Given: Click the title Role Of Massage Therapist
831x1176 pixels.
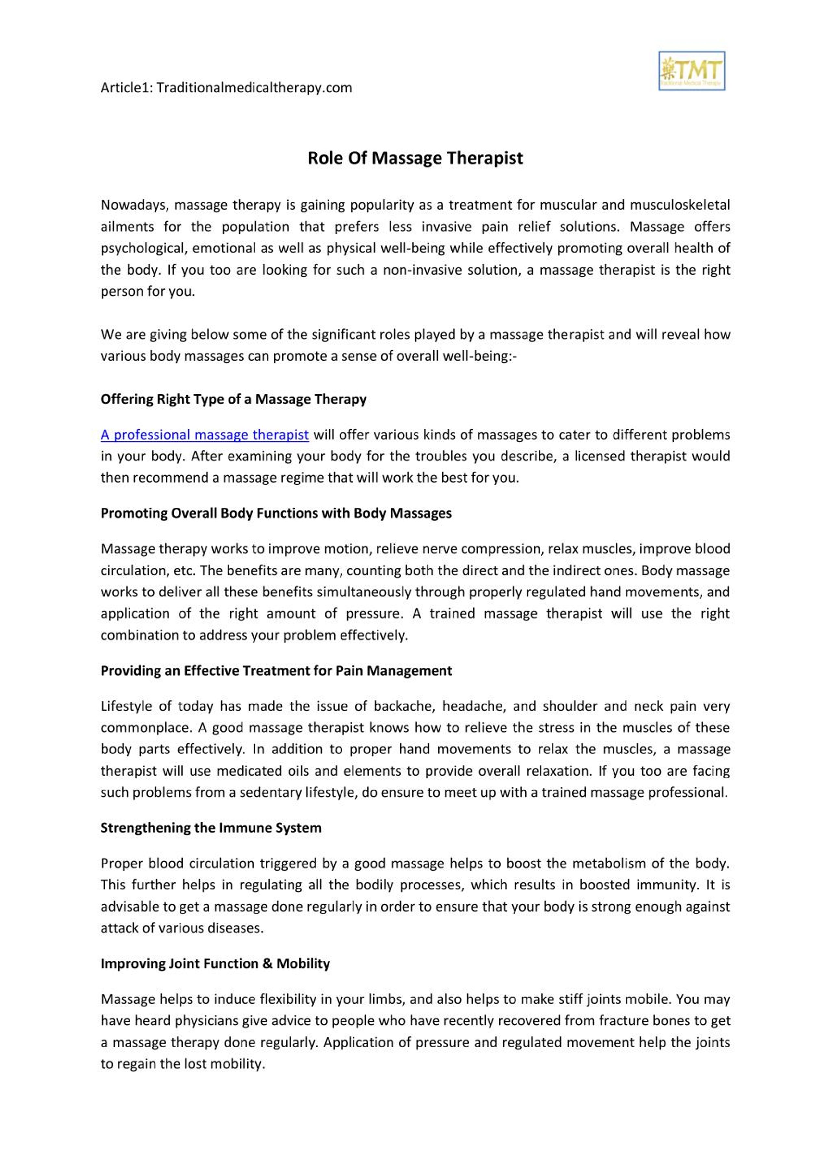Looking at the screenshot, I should (x=415, y=158).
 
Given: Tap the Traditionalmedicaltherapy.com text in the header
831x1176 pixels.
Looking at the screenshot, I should (x=254, y=88).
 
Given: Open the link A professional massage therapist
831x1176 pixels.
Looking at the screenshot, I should (x=205, y=435).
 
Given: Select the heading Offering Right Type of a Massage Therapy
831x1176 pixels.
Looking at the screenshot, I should (x=234, y=399).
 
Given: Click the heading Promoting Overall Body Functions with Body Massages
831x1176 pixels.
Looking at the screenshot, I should (x=276, y=513).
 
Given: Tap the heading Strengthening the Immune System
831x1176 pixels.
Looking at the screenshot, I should (x=211, y=828).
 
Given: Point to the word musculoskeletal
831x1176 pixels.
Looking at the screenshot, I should (x=679, y=205).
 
